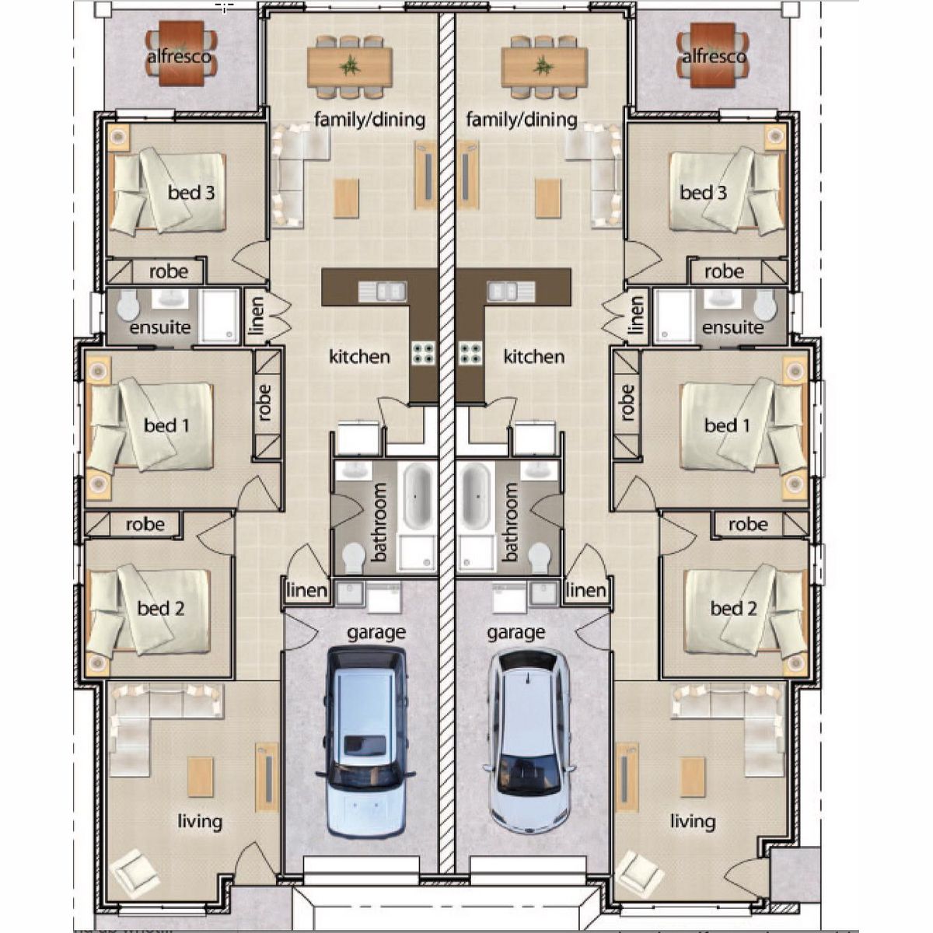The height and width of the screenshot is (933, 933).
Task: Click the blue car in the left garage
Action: tap(365, 745)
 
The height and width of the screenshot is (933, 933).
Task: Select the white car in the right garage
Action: tap(530, 745)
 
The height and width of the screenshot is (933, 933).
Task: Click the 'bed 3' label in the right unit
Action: tap(703, 193)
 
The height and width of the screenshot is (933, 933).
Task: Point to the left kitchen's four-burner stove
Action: tap(423, 352)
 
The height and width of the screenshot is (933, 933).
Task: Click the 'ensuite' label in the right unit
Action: tap(732, 328)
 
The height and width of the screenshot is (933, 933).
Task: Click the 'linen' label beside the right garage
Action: tap(586, 590)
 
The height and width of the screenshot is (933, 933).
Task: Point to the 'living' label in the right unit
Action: tap(693, 822)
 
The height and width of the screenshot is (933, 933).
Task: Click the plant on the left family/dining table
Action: tap(349, 65)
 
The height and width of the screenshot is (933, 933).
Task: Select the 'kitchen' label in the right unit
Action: tap(534, 357)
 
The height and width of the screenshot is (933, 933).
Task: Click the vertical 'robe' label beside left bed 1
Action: tap(264, 402)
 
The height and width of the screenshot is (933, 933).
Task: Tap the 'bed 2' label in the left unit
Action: tap(161, 609)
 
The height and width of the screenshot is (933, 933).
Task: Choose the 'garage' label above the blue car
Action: tap(376, 633)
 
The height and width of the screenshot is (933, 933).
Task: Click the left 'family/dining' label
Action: tap(369, 120)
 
